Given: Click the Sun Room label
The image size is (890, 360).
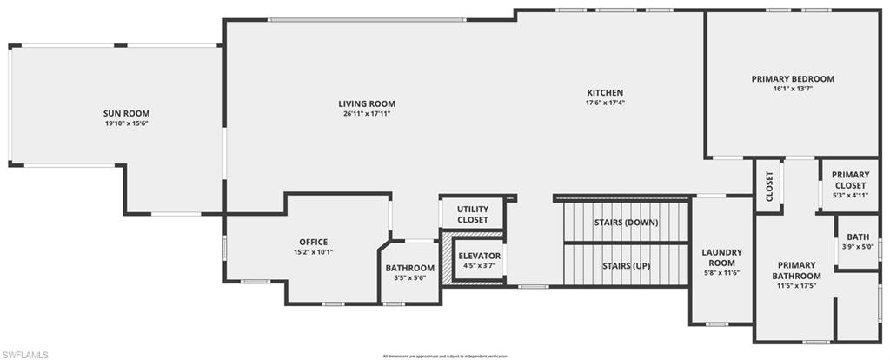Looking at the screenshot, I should [127, 113].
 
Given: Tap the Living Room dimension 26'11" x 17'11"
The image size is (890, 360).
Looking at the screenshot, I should [367, 113].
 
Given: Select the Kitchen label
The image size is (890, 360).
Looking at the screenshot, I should [605, 93].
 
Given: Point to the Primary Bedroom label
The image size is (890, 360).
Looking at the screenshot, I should [793, 79].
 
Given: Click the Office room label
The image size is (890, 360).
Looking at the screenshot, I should [313, 242].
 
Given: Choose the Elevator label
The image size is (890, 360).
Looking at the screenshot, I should [480, 256].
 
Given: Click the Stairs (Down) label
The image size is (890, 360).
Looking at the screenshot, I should [626, 223].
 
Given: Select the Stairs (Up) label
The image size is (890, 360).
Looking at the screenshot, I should [626, 266].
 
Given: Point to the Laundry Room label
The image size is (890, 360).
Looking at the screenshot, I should [721, 257].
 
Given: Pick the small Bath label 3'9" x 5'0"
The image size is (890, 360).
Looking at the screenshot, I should [858, 237].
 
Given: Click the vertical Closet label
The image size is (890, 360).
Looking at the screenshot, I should [769, 187].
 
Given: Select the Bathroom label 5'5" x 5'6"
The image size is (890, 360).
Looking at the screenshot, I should [410, 268].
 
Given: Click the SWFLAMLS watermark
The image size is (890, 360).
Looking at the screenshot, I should [26, 354].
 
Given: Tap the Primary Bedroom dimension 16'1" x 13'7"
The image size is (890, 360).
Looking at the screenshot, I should [793, 89].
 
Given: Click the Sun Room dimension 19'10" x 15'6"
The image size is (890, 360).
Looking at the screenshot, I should [127, 123].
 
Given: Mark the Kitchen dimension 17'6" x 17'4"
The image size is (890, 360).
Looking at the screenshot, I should [605, 103].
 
